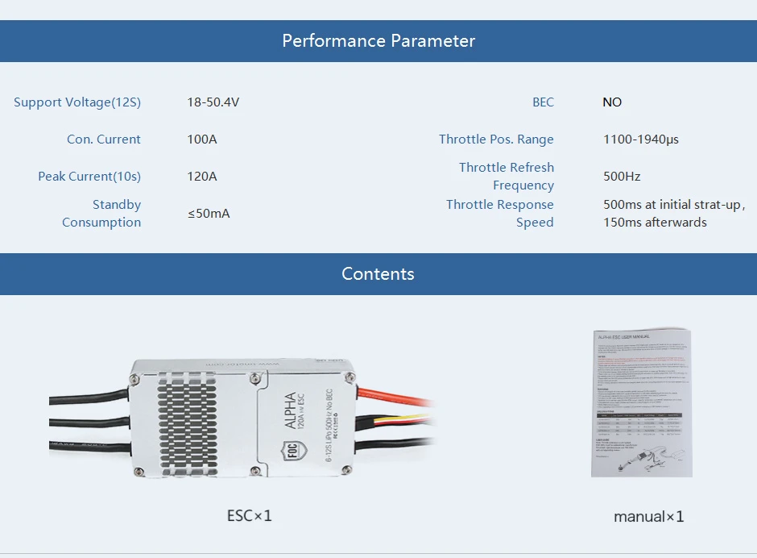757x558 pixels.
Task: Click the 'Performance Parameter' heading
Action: pyautogui.click(x=378, y=41)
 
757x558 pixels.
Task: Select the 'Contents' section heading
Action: pyautogui.click(x=378, y=274)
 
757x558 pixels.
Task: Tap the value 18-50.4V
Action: pyautogui.click(x=213, y=102)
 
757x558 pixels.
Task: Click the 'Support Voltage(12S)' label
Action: pyautogui.click(x=77, y=102)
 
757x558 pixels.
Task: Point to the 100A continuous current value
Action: pyautogui.click(x=202, y=139)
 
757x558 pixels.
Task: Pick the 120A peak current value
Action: pyautogui.click(x=202, y=177)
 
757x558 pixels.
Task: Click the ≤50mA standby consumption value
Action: pyautogui.click(x=209, y=214)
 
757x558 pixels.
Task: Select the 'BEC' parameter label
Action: pyautogui.click(x=543, y=102)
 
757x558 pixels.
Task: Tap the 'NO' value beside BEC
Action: pyautogui.click(x=612, y=102)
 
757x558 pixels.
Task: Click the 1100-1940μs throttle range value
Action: pyautogui.click(x=641, y=139)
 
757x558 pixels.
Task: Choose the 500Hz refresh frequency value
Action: pyautogui.click(x=622, y=177)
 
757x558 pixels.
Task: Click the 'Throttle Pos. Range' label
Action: pyautogui.click(x=496, y=139)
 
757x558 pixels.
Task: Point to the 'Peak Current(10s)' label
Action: pyautogui.click(x=89, y=177)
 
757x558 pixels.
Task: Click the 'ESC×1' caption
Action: pyautogui.click(x=250, y=515)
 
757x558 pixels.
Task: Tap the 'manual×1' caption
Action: pyautogui.click(x=648, y=516)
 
